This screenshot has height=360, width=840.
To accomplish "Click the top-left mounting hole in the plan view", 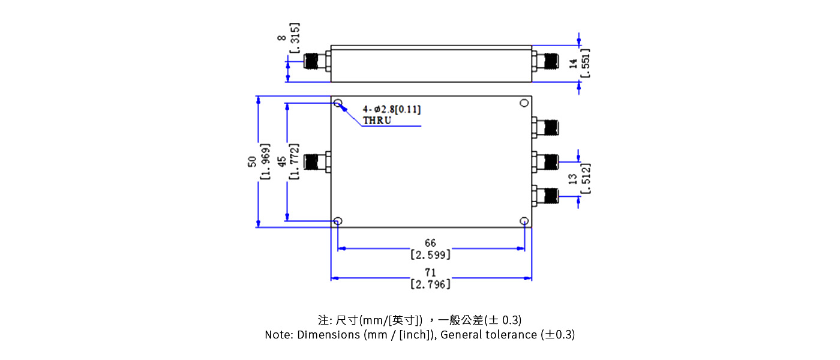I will (338, 103).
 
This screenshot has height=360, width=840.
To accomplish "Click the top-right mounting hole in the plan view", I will (524, 103).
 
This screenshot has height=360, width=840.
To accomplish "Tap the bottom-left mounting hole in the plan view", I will (338, 221).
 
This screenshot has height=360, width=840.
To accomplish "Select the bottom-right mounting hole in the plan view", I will (524, 221).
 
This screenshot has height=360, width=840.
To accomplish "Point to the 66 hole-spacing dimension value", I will (430, 243).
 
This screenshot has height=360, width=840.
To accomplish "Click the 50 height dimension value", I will (253, 161).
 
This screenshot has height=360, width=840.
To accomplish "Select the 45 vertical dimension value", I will (281, 161).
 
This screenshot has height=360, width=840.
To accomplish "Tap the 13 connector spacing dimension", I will (573, 178).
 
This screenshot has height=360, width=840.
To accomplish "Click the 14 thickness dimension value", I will (573, 63).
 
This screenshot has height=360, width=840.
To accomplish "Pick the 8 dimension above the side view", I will (281, 37).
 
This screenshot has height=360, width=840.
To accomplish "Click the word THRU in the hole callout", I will (377, 121).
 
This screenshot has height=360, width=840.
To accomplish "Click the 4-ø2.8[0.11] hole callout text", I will (391, 109).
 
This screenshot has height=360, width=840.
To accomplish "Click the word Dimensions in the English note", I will (329, 335).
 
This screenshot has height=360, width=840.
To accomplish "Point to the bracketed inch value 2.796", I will (430, 284).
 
